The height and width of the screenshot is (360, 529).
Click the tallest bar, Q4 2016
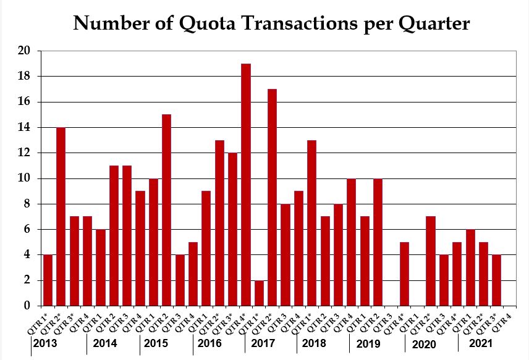point(246,185)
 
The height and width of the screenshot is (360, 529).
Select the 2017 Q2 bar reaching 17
point(273,198)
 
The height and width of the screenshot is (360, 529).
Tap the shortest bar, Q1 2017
point(260,293)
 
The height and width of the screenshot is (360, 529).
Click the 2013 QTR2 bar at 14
point(61,216)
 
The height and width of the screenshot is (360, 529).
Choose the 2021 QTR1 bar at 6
point(471,267)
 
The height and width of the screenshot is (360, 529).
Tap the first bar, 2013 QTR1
point(48,280)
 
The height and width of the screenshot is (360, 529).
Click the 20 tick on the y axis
point(24,51)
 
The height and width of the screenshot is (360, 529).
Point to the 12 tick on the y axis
point(24,153)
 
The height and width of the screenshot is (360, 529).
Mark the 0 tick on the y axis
point(27,306)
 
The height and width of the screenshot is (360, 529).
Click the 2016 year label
point(209,344)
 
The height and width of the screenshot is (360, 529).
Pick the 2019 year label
point(368,344)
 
